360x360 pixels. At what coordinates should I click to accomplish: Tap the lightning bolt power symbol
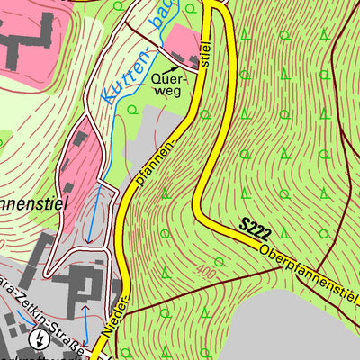click(39, 339)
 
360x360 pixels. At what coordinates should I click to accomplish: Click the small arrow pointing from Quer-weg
click(188, 62)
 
